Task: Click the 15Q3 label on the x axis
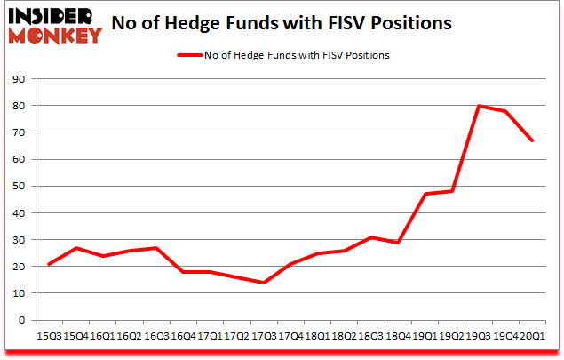point(48,337)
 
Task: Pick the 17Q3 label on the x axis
point(263,337)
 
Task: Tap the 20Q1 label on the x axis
point(532,337)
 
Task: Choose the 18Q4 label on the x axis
point(397,337)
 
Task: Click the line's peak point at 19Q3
point(478,106)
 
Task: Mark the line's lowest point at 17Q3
point(263,283)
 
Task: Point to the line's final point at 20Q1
point(532,140)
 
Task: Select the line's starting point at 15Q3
point(48,264)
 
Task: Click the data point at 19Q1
point(425,194)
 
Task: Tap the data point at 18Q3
point(370,237)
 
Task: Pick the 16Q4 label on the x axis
point(182,337)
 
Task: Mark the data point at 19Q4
point(505,111)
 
